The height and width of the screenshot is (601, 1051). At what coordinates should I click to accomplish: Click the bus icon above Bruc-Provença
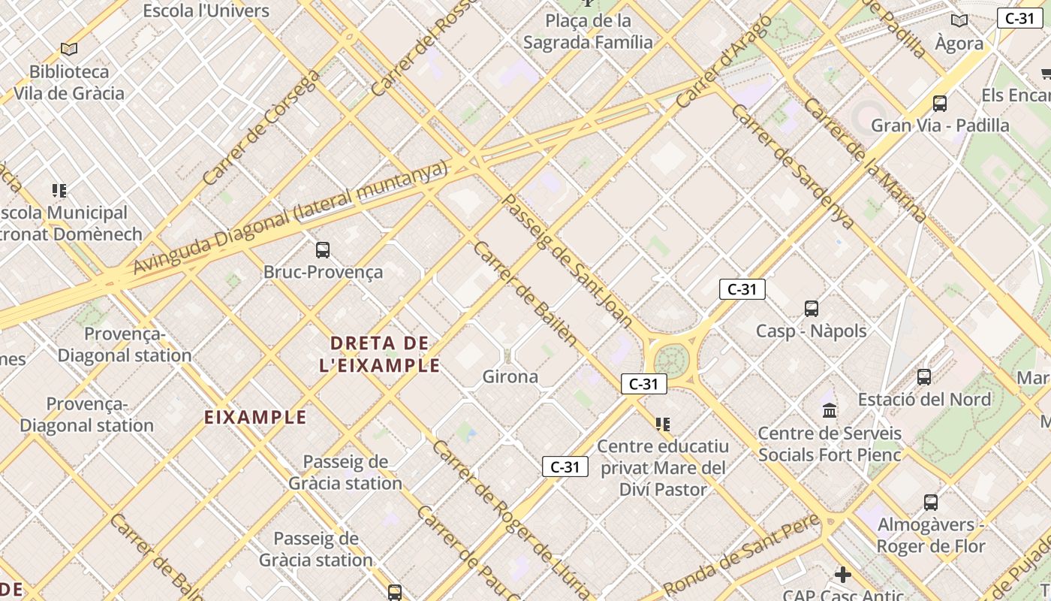(323, 249)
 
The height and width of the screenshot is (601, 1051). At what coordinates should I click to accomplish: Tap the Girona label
(510, 376)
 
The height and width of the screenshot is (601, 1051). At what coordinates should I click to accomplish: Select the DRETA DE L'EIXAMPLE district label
(385, 355)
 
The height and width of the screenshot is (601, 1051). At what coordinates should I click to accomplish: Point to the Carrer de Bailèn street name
(525, 294)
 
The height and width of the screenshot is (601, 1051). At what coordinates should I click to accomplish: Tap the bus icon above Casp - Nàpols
(812, 308)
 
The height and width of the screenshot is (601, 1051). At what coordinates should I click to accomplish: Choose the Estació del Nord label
(924, 399)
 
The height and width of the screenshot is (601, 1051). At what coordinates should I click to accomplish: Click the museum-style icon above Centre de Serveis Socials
(830, 410)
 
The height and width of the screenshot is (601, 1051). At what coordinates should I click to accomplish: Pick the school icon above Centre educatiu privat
(662, 424)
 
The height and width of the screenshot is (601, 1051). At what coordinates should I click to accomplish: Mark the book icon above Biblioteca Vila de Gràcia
(69, 50)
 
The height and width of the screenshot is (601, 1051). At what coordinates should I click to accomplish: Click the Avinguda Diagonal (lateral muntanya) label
(291, 218)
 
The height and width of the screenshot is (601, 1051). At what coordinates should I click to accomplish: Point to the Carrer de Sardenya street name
(792, 166)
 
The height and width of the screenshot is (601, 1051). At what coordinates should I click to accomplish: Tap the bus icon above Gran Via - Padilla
(940, 103)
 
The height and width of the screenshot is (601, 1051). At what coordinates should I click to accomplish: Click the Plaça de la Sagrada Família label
(588, 31)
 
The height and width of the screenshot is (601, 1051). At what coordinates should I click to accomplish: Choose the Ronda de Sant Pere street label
(739, 557)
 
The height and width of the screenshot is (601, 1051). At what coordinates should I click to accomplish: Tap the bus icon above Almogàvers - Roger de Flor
(931, 502)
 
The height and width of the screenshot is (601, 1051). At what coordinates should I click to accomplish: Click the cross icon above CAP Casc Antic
(843, 575)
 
